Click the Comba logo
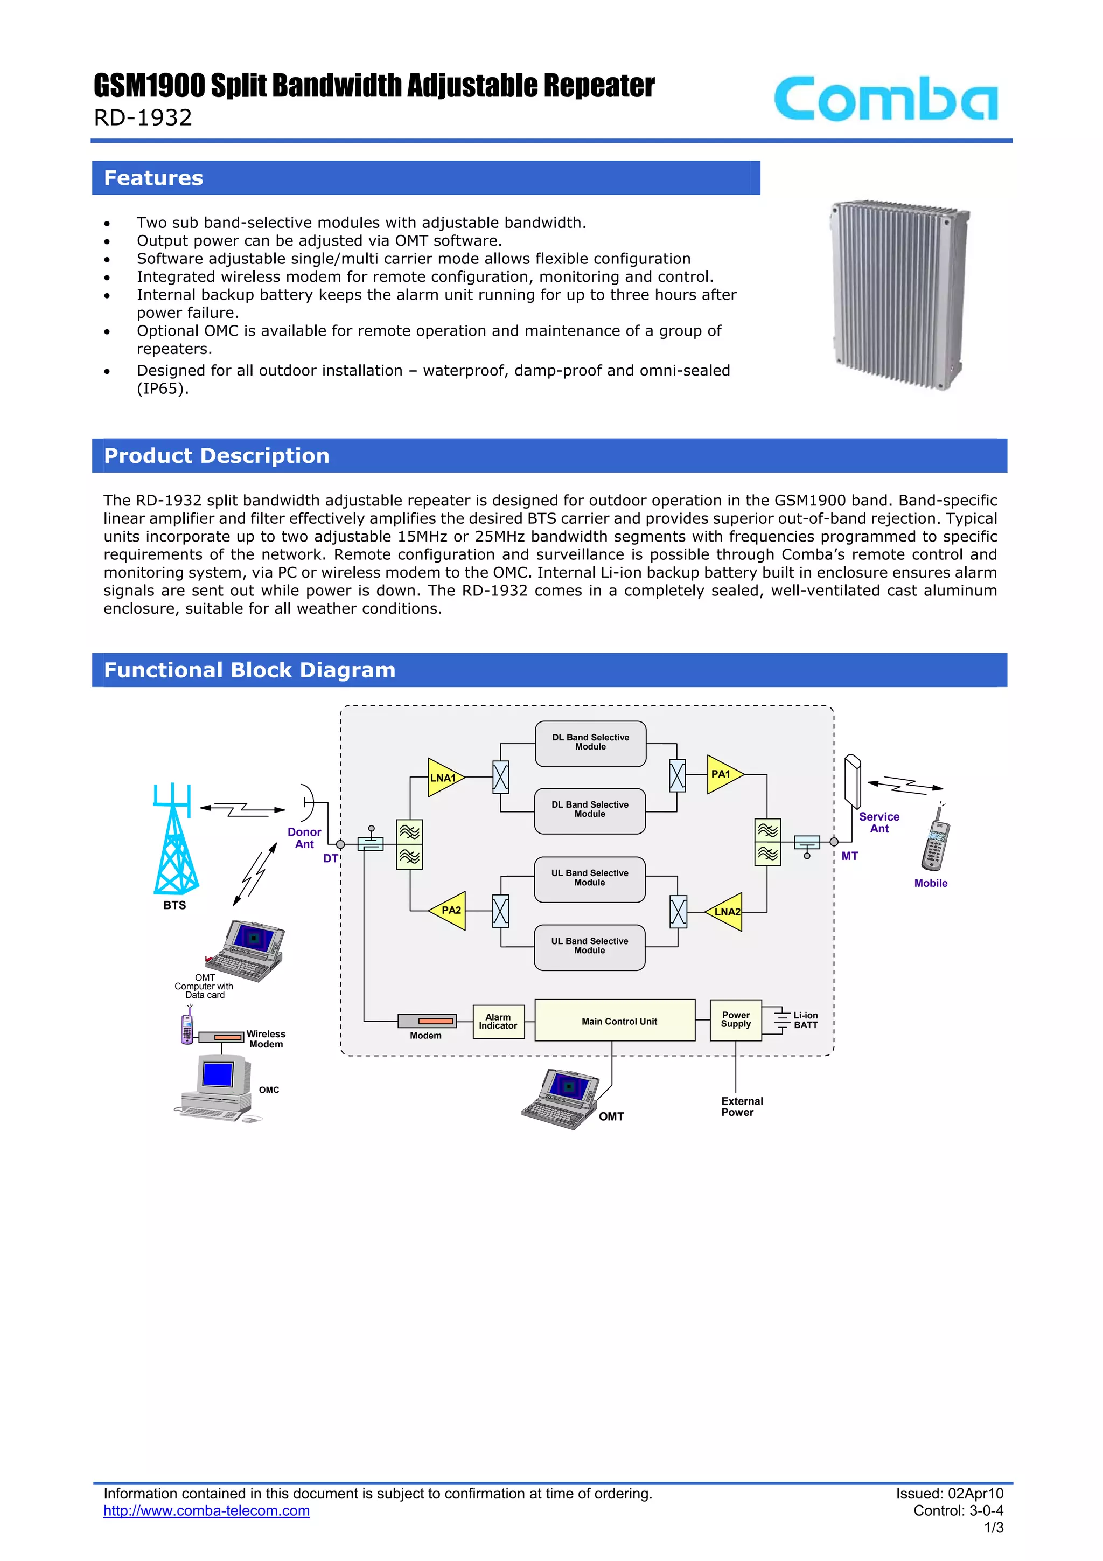(885, 99)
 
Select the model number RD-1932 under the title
(143, 117)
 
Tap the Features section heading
(153, 178)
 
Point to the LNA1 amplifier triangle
(443, 777)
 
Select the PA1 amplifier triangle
(722, 774)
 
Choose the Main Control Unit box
(615, 1021)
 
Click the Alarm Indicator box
(498, 1021)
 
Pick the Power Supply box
(735, 1020)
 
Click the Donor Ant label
(304, 837)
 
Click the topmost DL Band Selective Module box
(590, 743)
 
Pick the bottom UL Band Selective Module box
(589, 946)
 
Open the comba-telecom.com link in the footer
(207, 1511)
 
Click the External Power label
(742, 1106)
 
